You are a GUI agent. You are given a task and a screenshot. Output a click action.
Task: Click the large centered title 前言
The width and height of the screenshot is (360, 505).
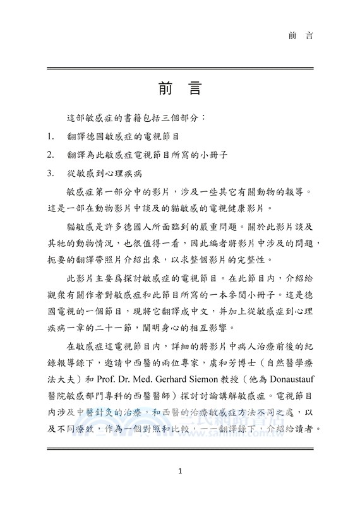[180, 88]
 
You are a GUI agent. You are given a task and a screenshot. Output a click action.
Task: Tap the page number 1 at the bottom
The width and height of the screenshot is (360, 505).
[180, 472]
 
